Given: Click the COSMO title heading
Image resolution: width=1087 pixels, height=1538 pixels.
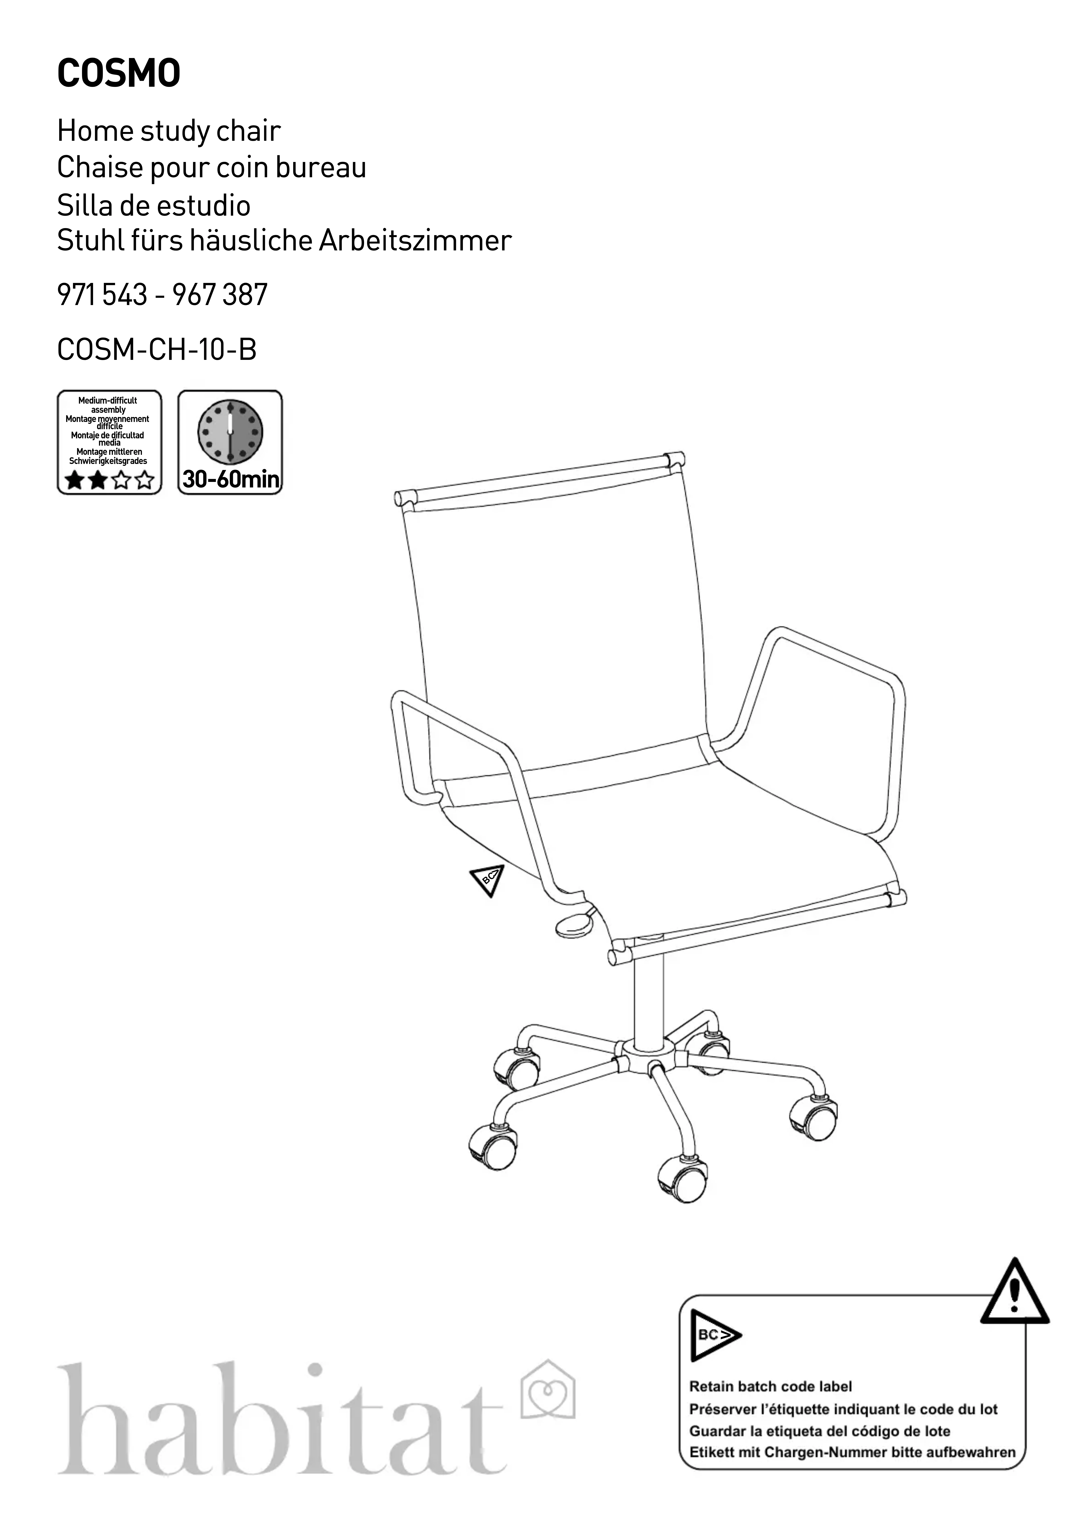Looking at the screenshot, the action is click(119, 74).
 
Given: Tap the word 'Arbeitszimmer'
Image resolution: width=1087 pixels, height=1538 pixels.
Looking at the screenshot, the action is click(415, 240).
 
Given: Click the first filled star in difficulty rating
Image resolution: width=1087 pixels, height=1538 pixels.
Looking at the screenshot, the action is click(74, 480).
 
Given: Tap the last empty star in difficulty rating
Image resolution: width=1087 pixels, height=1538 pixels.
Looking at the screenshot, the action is click(144, 480).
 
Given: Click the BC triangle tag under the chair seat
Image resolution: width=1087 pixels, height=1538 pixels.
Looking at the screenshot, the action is click(487, 880).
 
